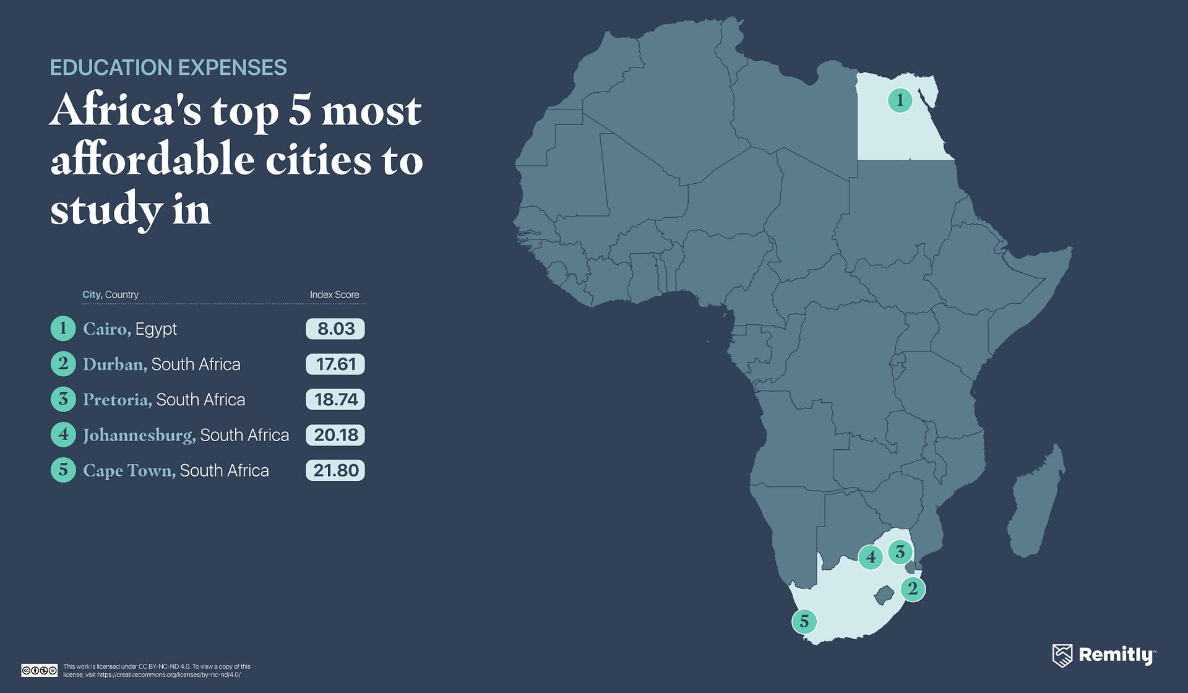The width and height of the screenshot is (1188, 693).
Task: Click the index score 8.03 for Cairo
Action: point(335,329)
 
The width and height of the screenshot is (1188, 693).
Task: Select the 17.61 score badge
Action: point(335,364)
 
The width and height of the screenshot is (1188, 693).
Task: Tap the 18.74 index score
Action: point(335,400)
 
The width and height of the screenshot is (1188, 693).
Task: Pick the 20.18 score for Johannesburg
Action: point(335,435)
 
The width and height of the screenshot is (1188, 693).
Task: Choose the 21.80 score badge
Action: point(335,470)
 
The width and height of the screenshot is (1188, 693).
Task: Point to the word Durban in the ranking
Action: point(114,364)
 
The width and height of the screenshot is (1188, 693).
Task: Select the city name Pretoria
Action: point(117,400)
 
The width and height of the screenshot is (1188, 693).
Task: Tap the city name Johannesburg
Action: point(139,435)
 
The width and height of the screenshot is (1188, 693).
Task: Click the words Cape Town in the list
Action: point(129,470)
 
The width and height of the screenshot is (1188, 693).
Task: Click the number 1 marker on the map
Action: point(900,100)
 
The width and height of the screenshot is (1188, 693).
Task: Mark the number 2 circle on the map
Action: point(913,588)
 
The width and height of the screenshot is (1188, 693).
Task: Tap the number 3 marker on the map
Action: point(900,551)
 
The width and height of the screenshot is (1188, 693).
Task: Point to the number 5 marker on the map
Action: point(804,621)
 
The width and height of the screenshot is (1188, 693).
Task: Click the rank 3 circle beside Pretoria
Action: point(63,400)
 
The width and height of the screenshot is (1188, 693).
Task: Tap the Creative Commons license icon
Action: point(39,670)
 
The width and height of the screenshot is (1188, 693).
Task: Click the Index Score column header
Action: point(334,295)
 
